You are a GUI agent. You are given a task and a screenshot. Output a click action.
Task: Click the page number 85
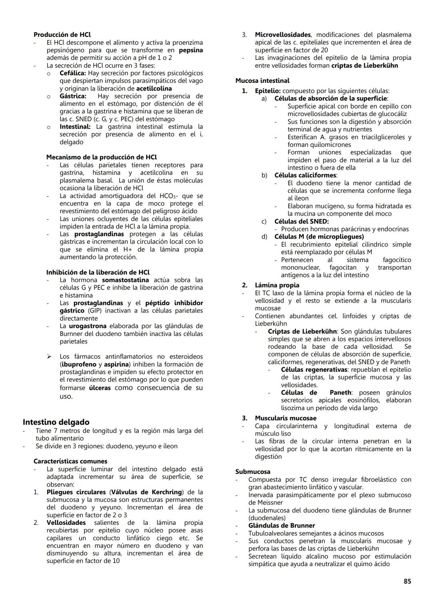[407, 581]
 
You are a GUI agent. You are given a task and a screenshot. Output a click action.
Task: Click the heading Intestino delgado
[56, 422]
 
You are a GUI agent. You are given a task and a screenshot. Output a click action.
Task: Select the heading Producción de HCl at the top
[62, 35]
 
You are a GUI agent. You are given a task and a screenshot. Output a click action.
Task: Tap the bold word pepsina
[190, 50]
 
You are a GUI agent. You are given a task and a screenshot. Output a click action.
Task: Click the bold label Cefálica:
[72, 73]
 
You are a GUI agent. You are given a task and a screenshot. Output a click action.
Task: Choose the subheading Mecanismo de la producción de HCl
[101, 157]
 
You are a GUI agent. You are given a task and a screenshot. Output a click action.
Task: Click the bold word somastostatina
[125, 280]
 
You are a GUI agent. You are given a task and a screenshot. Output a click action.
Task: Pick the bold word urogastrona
[88, 326]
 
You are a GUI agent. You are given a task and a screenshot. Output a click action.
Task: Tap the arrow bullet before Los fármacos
[50, 357]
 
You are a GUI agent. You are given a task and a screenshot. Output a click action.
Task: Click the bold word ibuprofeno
[79, 365]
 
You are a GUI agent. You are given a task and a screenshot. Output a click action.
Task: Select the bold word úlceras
[100, 388]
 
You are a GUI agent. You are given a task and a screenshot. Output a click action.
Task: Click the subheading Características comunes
[70, 461]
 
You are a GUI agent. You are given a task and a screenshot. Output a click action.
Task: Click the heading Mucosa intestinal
[262, 81]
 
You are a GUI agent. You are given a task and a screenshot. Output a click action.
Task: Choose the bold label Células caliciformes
[305, 175]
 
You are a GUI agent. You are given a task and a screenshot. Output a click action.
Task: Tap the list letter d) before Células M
[264, 237]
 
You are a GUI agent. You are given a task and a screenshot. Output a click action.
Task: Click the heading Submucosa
[252, 472]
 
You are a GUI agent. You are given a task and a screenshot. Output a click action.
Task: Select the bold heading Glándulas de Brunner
[281, 526]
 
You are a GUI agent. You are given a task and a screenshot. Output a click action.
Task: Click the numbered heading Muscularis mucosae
[285, 418]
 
